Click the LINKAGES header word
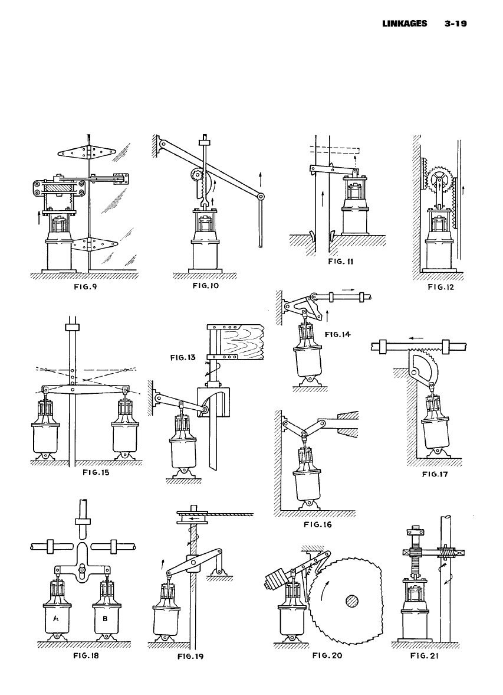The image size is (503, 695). point(406,25)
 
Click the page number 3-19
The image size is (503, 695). point(456,25)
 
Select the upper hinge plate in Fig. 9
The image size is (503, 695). point(86,152)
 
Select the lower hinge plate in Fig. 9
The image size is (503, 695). point(96,243)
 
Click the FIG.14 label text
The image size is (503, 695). point(337,334)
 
